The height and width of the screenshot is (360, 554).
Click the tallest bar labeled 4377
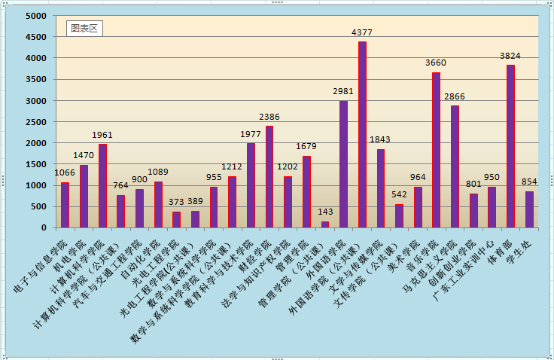click(362, 135)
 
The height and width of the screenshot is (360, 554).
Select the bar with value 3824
click(510, 146)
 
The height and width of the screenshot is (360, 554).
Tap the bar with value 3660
click(436, 150)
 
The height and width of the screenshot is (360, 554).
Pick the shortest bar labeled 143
click(325, 224)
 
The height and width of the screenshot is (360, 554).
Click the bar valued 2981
click(343, 164)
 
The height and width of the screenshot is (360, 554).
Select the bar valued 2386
click(269, 177)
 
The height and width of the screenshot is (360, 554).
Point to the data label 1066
click(65, 172)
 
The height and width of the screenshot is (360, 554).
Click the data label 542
click(399, 194)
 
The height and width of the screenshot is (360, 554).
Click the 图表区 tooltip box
click(84, 29)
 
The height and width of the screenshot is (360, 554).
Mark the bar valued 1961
click(102, 186)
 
